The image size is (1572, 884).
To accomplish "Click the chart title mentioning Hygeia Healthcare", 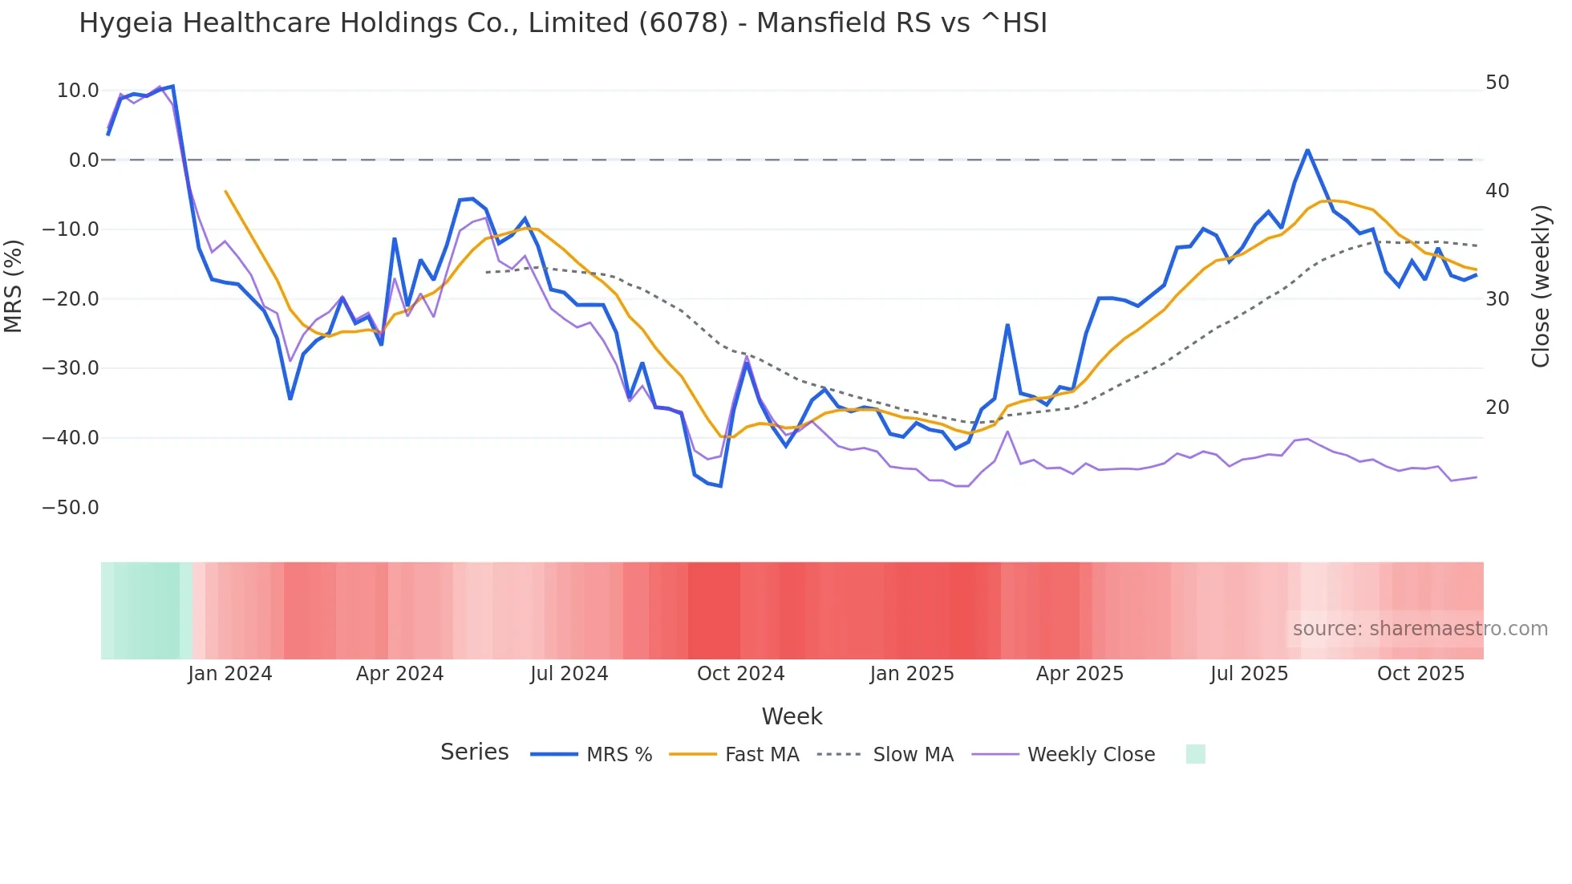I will pos(563,23).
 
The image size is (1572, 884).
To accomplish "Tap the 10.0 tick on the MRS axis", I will pos(78,91).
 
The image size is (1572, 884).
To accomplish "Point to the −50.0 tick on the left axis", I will pos(71,508).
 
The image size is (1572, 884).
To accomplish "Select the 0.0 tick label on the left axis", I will pos(83,160).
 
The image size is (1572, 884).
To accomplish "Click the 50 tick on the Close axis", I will pos(1497,83).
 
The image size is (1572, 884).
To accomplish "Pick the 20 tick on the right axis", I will pos(1497,408).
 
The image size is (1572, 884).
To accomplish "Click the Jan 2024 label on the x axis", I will pos(230,674).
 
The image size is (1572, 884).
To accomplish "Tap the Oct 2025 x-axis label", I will pos(1420,674).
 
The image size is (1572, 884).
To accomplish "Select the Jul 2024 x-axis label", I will pos(569,674).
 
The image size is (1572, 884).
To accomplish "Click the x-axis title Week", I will pos(792,716).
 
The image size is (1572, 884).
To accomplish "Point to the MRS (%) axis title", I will pos(14,286).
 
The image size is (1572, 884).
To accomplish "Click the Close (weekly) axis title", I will pos(1540,286).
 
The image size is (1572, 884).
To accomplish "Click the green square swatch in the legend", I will pos(1195,755).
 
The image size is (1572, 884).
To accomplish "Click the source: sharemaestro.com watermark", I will pos(1420,629).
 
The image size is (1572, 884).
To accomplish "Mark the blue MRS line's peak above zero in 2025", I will pos(1307,150).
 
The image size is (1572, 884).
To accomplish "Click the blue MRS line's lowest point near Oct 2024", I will pos(721,486).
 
